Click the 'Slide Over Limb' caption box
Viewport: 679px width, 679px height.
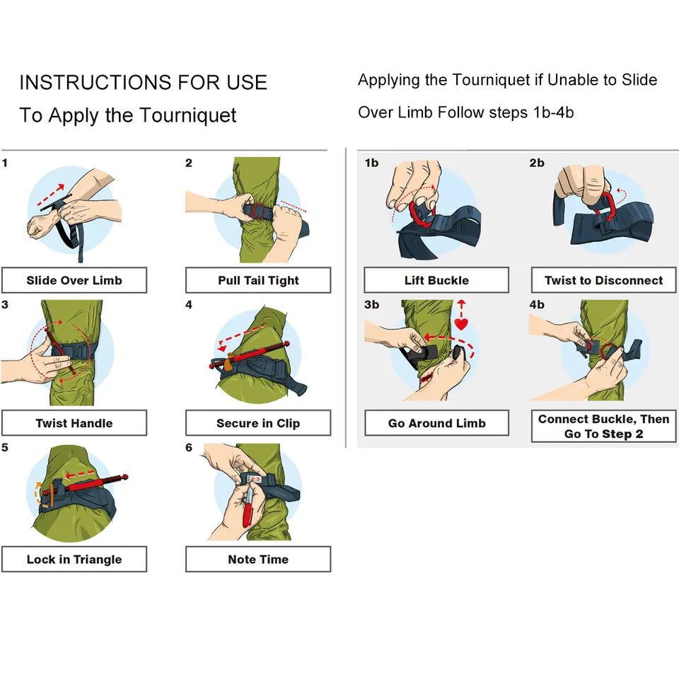click(x=74, y=280)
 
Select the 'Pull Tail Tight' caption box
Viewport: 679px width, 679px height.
click(x=258, y=280)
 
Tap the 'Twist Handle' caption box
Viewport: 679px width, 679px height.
click(x=74, y=423)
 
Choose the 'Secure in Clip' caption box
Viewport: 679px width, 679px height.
click(x=258, y=423)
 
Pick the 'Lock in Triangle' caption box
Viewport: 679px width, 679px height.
click(x=74, y=559)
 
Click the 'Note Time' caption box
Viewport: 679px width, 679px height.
click(x=258, y=559)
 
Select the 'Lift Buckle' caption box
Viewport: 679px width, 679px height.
click(x=436, y=280)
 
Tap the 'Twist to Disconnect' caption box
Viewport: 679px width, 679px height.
click(x=603, y=280)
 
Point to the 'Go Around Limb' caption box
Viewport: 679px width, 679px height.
click(x=436, y=424)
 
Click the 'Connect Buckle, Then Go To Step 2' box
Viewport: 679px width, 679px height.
click(x=603, y=426)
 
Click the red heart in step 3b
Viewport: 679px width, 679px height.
click(x=461, y=325)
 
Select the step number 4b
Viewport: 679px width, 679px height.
click(x=537, y=305)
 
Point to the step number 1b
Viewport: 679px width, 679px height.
click(x=371, y=163)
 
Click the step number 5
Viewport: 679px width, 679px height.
click(x=5, y=448)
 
